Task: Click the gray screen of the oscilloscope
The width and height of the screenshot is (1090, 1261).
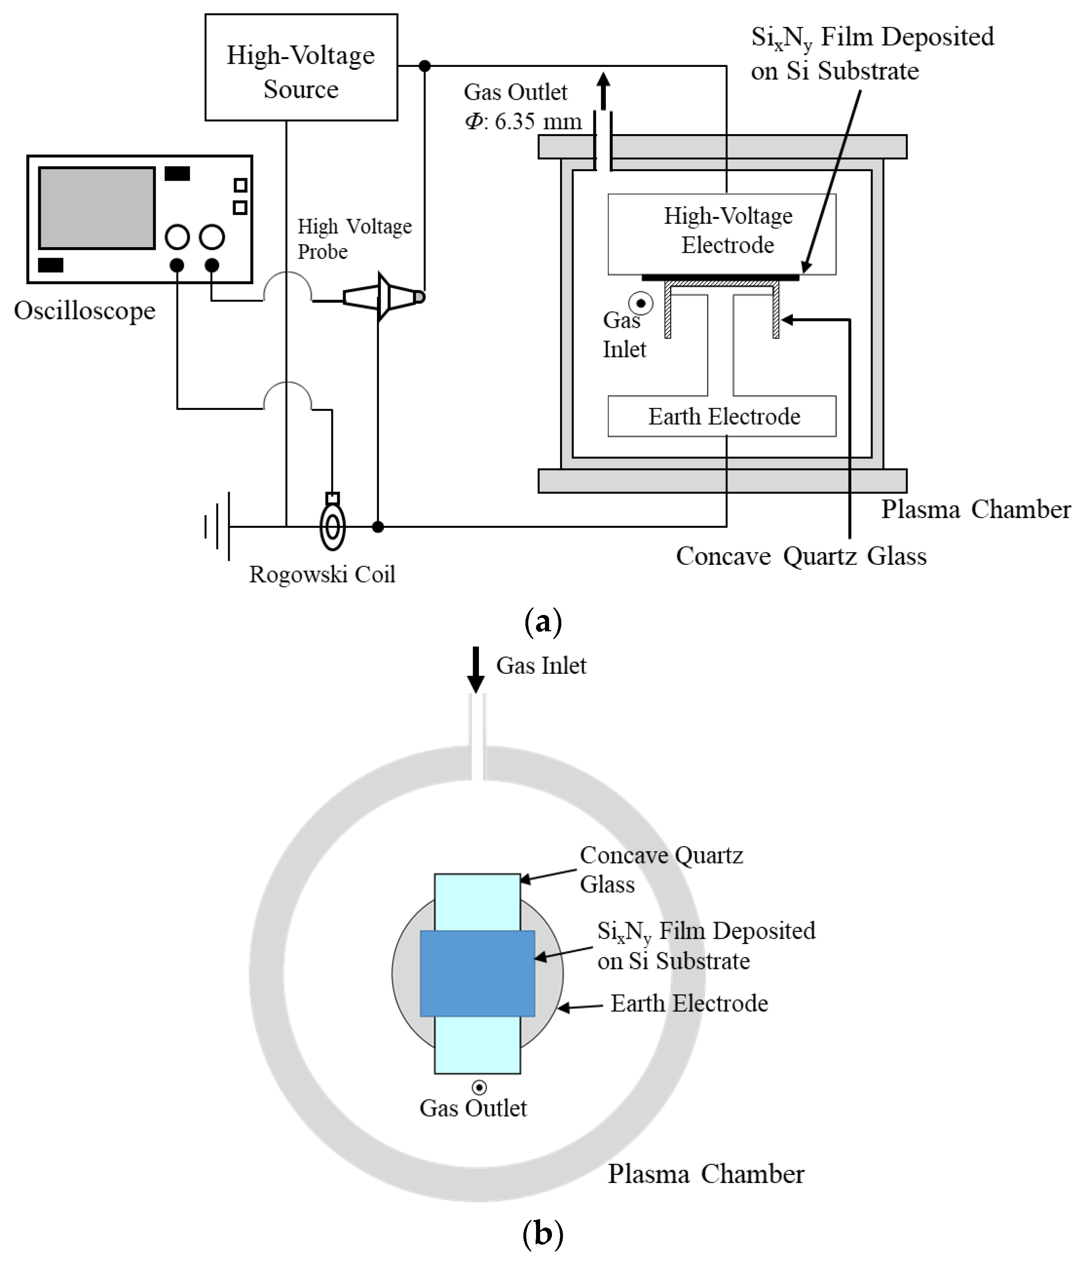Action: pyautogui.click(x=96, y=208)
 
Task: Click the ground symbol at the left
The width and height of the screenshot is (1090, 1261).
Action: pyautogui.click(x=218, y=527)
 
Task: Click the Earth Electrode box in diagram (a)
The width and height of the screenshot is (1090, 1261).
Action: pyautogui.click(x=721, y=416)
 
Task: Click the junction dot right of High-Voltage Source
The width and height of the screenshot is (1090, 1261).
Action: pyautogui.click(x=425, y=66)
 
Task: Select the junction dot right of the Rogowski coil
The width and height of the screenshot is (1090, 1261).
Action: pyautogui.click(x=378, y=527)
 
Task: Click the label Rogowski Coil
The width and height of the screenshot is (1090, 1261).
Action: pyautogui.click(x=322, y=575)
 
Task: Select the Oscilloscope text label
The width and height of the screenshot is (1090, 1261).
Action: pyautogui.click(x=84, y=311)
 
